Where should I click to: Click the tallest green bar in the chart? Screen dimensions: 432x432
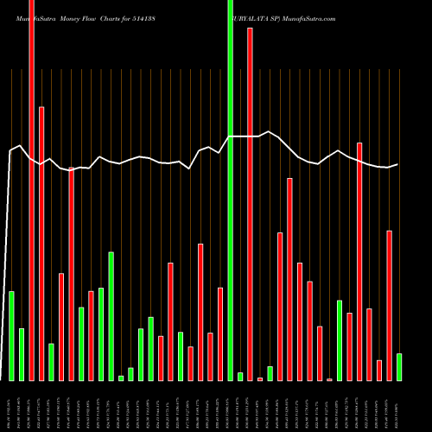230,190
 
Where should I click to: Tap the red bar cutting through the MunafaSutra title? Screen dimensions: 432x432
31,190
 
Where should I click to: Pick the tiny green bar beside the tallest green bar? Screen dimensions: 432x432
240,376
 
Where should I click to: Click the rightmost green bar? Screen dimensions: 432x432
399,367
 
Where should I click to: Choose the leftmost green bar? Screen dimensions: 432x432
11,336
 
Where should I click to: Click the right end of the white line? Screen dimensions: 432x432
397,164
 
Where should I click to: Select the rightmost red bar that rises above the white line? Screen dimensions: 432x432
359,261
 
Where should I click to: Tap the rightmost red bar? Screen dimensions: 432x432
389,306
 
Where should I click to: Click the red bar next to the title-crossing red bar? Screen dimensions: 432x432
41,243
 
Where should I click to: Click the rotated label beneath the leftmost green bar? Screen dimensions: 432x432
11,406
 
